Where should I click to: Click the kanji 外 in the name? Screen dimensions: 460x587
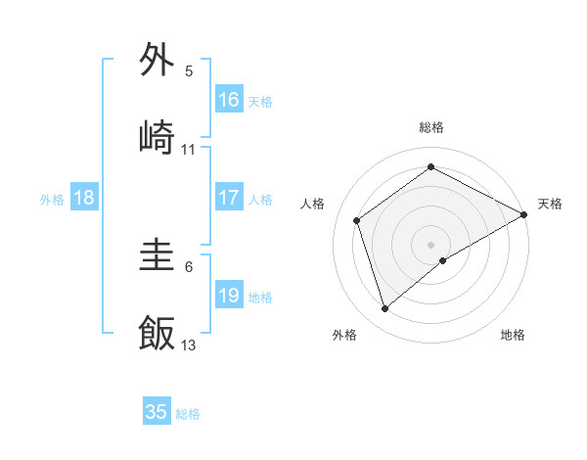pos(158,60)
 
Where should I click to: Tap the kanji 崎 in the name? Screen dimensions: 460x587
pos(158,136)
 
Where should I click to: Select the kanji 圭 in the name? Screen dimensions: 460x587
pos(158,257)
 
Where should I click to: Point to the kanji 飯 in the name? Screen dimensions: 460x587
pos(158,333)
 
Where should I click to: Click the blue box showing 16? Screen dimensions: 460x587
pos(229,99)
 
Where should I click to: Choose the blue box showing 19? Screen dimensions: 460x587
pos(229,296)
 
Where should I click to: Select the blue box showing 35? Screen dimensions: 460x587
pos(157,412)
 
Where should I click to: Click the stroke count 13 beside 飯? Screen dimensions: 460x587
pos(189,345)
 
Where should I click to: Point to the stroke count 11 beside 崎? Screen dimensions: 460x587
pos(189,150)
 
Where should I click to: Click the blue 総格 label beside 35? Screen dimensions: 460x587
pos(188,414)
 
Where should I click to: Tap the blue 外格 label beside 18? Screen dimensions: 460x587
pos(52,200)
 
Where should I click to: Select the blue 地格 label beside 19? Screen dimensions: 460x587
pos(260,298)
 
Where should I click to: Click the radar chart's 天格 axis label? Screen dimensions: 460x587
pos(550,204)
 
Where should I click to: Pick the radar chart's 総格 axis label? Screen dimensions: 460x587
pos(431,127)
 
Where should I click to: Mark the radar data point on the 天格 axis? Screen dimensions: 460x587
pos(524,213)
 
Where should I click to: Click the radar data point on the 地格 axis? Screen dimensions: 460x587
pos(443,260)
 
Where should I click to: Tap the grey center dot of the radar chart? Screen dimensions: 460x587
pos(431,244)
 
